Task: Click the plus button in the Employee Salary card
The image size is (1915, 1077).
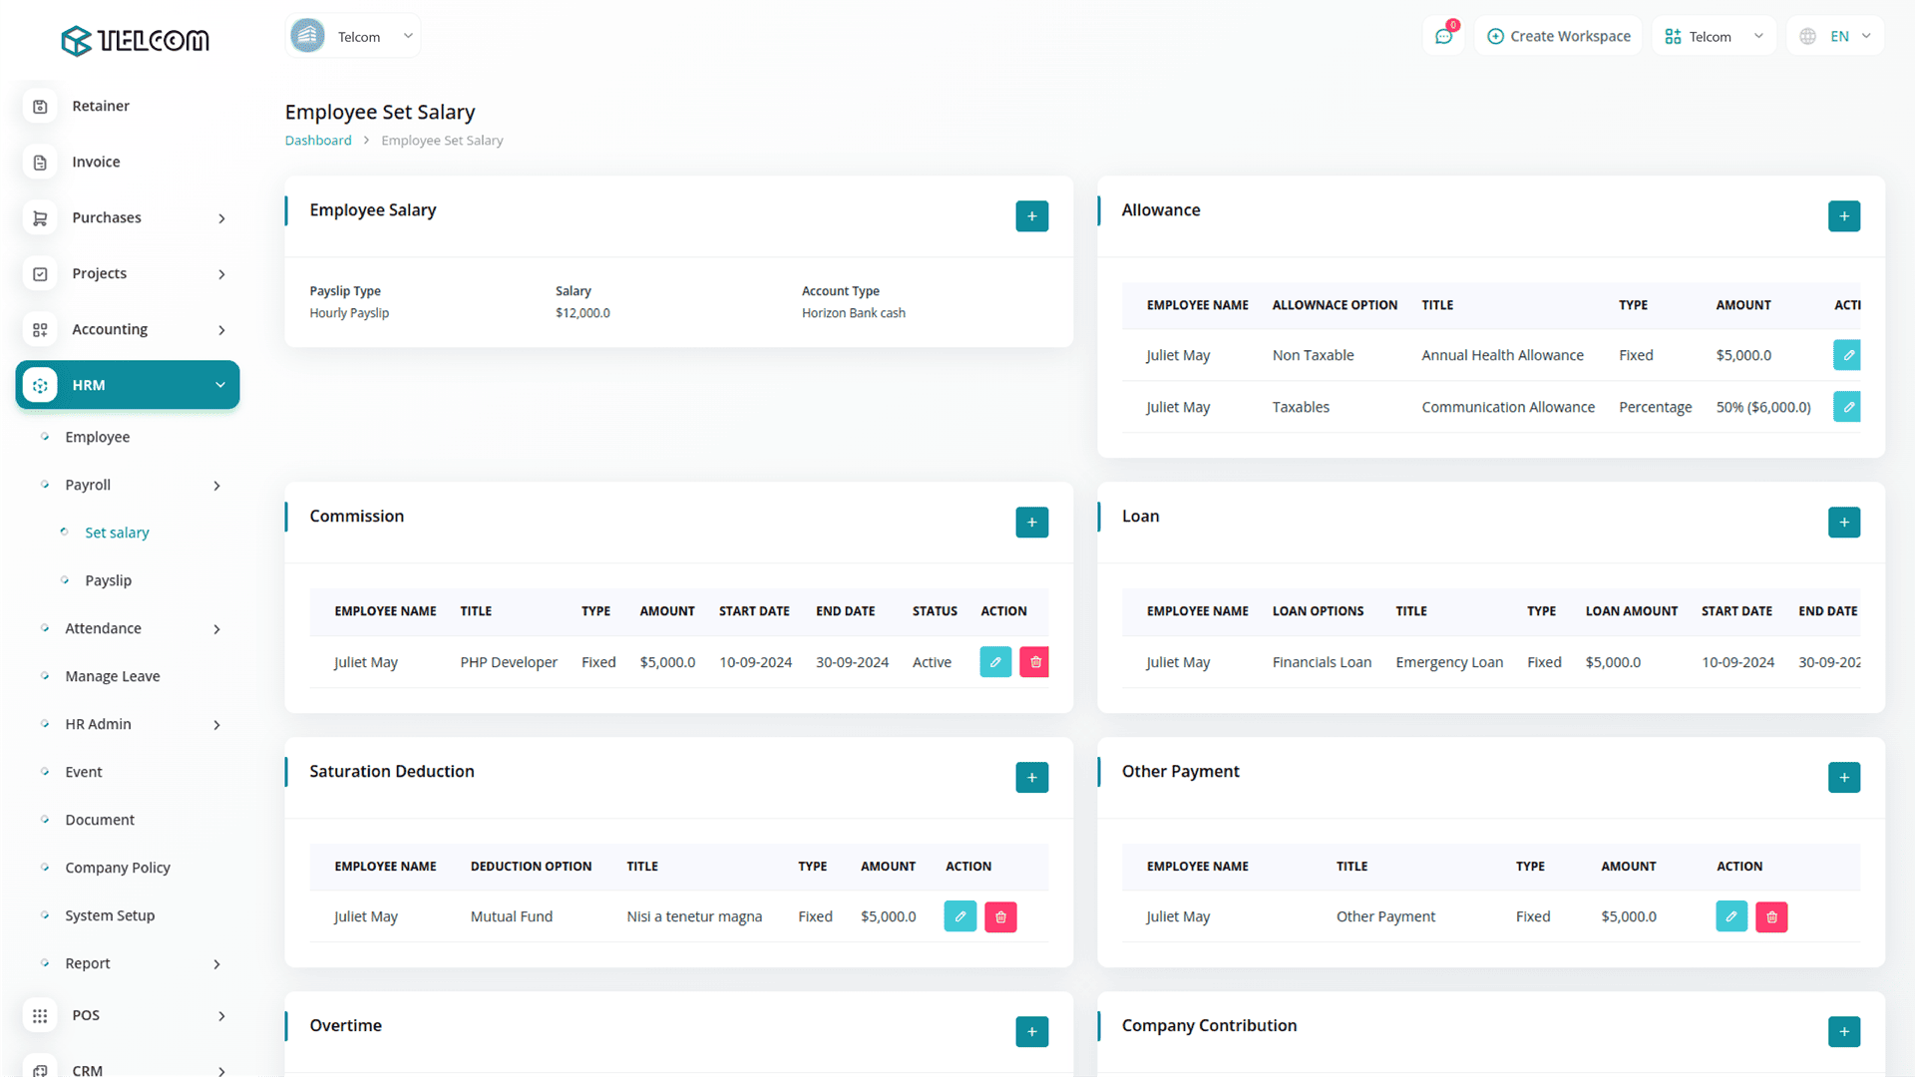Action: click(1031, 216)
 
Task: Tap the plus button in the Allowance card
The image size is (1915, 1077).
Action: click(1843, 216)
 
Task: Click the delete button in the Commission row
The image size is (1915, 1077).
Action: click(1034, 662)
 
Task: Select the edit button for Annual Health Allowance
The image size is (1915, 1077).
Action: click(1847, 355)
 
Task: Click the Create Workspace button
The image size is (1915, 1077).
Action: click(1558, 37)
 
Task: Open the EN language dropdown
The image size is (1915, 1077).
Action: click(1836, 37)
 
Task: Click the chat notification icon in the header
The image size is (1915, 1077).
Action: click(1443, 37)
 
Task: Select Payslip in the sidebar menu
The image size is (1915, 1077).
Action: click(108, 580)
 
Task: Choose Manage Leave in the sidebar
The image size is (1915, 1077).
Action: click(112, 676)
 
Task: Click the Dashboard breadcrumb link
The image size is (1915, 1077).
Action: click(318, 141)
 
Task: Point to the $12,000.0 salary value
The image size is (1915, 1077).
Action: click(582, 313)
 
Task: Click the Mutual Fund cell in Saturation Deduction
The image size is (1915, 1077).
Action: click(511, 916)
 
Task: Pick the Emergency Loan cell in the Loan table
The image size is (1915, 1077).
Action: click(1448, 662)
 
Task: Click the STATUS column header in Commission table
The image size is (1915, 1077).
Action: click(934, 611)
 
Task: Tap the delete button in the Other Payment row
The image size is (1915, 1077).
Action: click(1770, 916)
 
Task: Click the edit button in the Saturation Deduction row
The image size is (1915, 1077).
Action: click(959, 916)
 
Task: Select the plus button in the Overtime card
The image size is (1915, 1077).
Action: click(1031, 1031)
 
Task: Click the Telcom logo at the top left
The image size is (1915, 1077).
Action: click(135, 40)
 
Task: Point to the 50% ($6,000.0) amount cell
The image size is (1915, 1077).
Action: click(1762, 407)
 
